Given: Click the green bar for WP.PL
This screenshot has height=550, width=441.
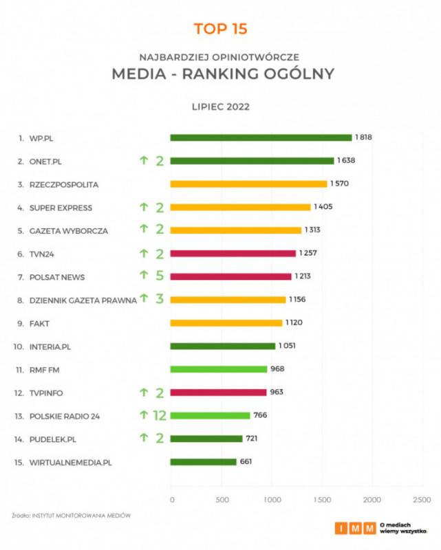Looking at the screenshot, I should (261, 137).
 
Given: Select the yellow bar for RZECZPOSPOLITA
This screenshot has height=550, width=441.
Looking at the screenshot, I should (248, 184).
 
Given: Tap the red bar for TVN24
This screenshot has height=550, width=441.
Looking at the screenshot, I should (233, 254).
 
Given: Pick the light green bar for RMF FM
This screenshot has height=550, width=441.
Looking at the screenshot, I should (219, 369).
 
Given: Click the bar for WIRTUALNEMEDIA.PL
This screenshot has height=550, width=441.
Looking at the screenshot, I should (203, 462).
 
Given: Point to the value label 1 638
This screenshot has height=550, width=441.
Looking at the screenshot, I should (347, 161).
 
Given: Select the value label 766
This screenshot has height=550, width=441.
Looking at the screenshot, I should (260, 415).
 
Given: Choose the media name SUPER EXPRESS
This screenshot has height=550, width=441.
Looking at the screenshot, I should (61, 208).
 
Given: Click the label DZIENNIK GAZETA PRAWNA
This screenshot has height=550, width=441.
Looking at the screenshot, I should (83, 300).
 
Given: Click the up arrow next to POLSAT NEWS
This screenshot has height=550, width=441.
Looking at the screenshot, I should (144, 275).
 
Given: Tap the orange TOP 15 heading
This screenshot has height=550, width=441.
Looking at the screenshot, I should (220, 29).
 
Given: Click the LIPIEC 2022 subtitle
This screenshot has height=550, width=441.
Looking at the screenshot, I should (220, 107).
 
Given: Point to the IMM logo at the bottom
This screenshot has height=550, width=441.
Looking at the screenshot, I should (356, 528).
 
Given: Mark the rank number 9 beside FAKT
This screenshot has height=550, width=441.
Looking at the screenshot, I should (21, 323).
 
